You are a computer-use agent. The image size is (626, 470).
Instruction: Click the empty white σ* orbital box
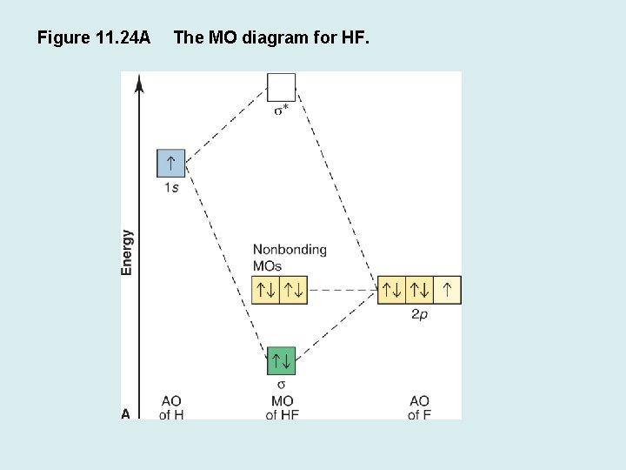click(282, 87)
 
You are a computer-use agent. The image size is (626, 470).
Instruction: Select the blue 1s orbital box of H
click(171, 163)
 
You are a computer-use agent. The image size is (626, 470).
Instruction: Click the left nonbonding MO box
click(266, 290)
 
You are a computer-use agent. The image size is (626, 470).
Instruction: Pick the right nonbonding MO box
click(294, 290)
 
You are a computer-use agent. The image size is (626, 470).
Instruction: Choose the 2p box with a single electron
click(448, 290)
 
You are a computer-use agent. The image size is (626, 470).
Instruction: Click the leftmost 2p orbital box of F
click(392, 290)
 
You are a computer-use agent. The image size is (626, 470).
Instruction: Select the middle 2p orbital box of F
click(420, 290)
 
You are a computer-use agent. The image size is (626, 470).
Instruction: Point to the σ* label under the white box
click(282, 110)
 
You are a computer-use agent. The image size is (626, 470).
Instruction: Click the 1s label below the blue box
click(171, 187)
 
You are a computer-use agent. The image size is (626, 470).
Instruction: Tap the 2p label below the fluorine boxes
click(419, 313)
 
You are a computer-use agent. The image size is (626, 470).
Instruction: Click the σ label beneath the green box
click(282, 384)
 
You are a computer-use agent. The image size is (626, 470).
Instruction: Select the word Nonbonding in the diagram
click(290, 250)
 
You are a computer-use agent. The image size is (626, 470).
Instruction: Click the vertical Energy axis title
click(128, 252)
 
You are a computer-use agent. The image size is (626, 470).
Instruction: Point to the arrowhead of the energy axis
click(140, 83)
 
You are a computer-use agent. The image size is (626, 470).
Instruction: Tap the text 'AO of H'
click(171, 408)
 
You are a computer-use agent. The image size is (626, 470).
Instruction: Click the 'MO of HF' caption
click(282, 408)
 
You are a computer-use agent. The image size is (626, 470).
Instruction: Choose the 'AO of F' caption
click(419, 408)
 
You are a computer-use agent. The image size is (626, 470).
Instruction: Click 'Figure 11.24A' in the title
click(94, 37)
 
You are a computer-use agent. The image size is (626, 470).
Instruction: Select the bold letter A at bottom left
click(126, 414)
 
